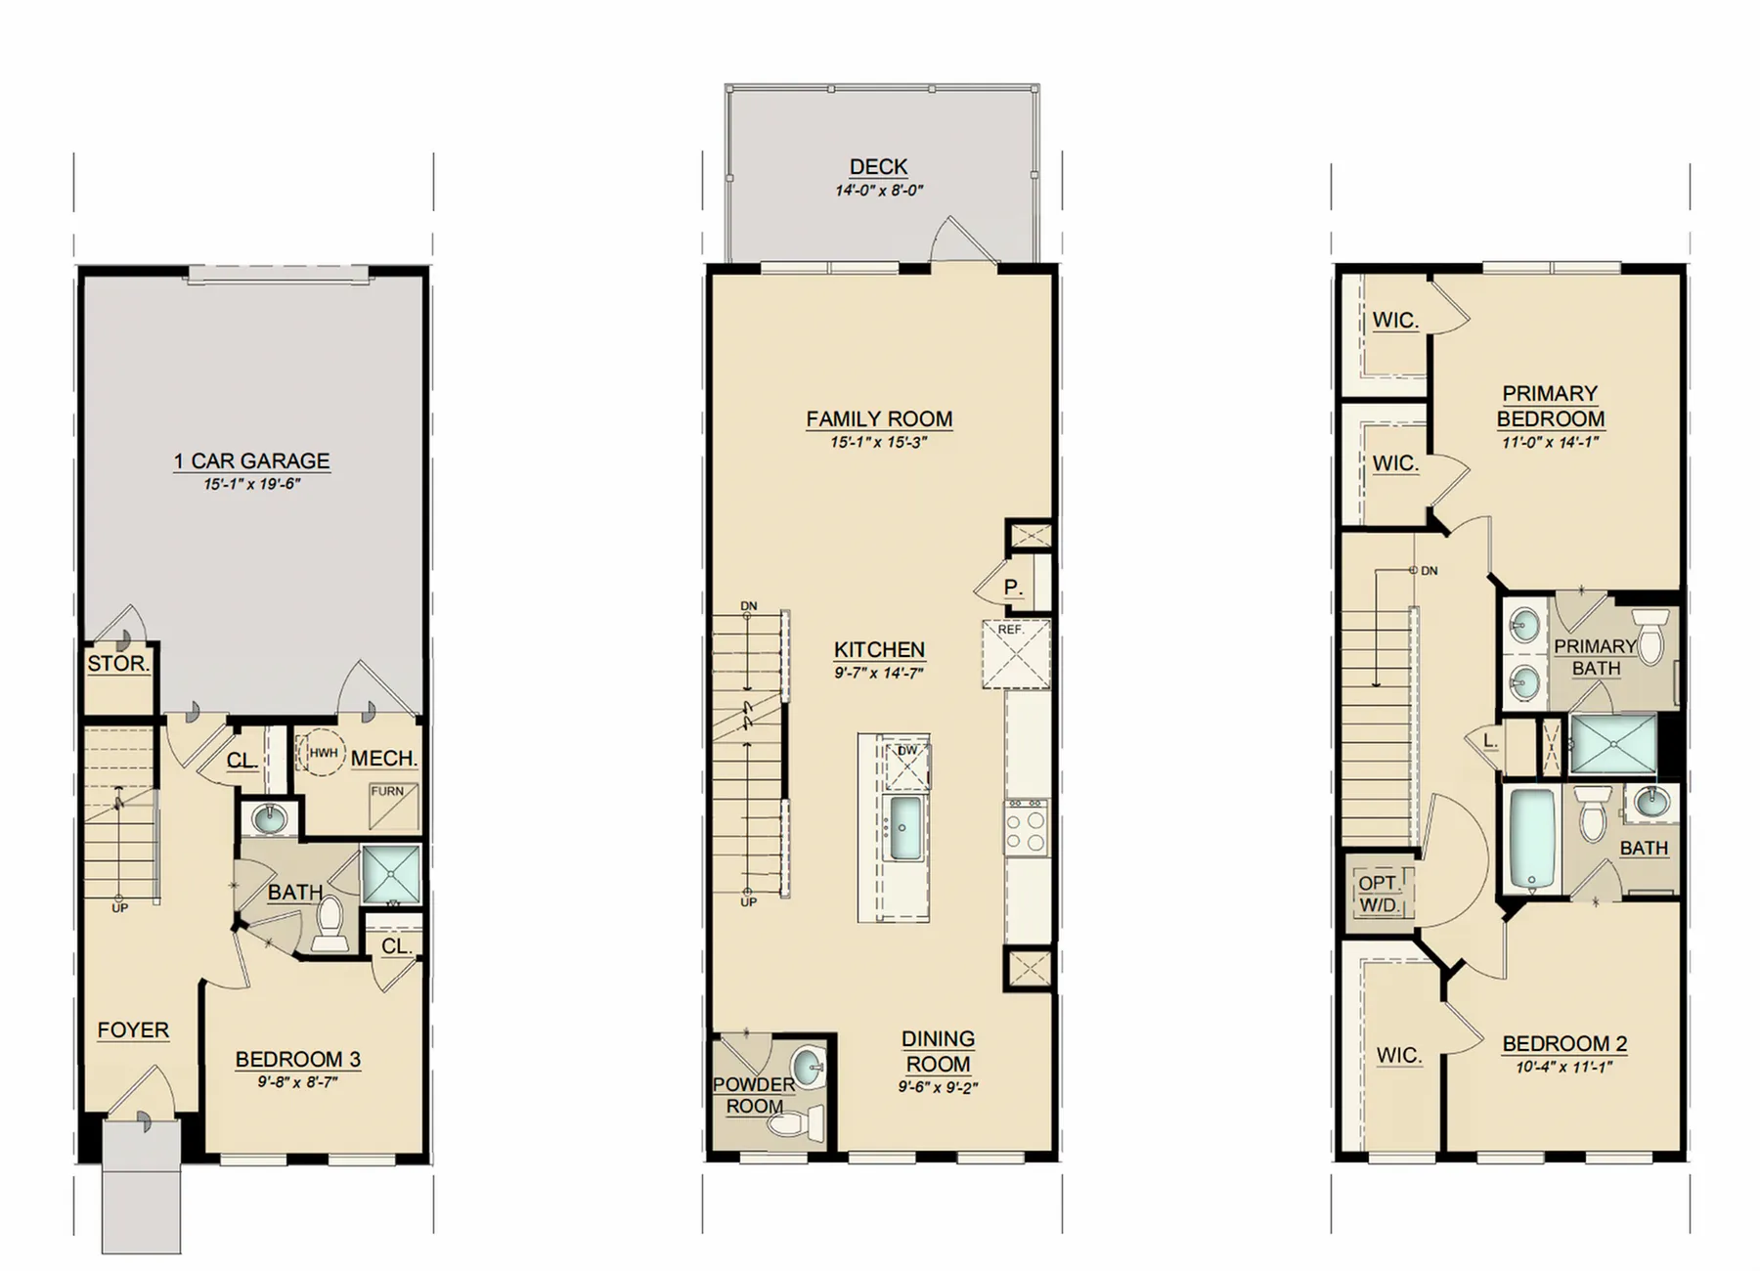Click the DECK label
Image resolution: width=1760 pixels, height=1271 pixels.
click(x=878, y=167)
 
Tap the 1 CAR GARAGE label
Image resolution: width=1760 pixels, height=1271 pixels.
click(x=251, y=460)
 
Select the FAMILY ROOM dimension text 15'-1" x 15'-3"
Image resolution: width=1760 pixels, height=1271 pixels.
click(x=879, y=442)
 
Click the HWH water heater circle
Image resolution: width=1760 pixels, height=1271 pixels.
click(x=321, y=753)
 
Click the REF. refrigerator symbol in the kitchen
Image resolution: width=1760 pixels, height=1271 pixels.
click(x=1016, y=654)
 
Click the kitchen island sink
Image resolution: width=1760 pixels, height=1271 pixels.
click(x=901, y=827)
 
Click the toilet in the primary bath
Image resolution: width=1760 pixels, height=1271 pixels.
click(x=1651, y=636)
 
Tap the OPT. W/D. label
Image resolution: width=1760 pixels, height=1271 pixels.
click(x=1379, y=894)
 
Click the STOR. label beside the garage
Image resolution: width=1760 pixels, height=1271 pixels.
click(x=118, y=664)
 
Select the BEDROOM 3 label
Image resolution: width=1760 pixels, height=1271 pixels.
click(x=298, y=1059)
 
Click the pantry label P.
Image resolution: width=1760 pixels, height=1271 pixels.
click(x=1013, y=588)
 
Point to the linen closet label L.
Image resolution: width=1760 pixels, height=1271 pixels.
click(x=1489, y=741)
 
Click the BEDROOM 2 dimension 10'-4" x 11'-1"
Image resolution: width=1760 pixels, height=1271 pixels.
click(x=1564, y=1067)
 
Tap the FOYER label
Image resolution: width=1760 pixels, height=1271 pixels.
click(x=133, y=1030)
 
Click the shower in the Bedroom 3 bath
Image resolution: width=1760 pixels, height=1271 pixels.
click(x=391, y=874)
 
